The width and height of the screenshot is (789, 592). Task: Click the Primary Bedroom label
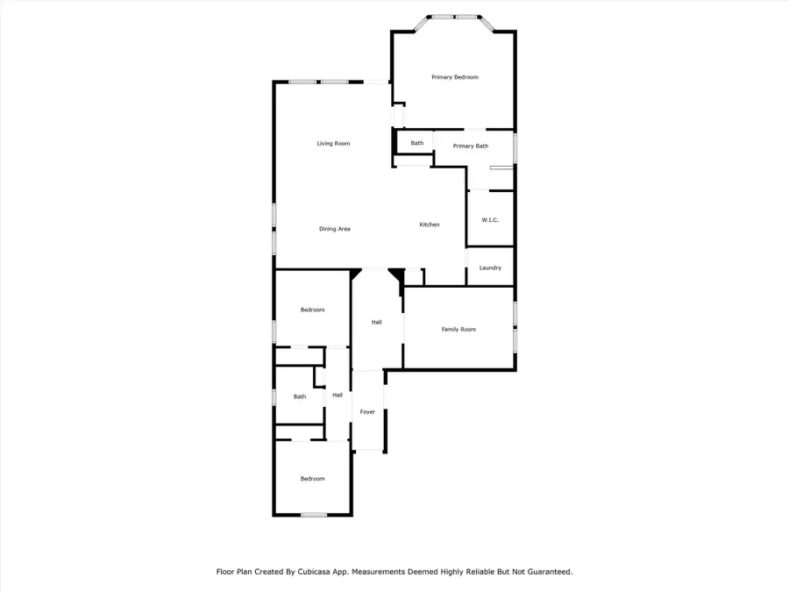coord(455,77)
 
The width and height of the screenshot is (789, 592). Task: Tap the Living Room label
coord(333,143)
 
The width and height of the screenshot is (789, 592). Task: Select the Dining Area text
coord(334,229)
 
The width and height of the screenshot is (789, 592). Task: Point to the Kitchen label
coord(429,225)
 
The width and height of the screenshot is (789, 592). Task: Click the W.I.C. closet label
coord(489,219)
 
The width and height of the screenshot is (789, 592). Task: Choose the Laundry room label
coord(490,267)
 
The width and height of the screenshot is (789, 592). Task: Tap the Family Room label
coord(458,329)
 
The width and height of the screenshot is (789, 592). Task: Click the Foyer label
coord(368,411)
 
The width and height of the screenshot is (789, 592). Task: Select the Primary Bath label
coord(471,146)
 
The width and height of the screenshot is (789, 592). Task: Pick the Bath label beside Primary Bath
coord(416,143)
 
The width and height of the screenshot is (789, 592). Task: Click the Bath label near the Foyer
coord(300,396)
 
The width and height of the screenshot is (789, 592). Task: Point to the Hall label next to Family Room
coord(376,322)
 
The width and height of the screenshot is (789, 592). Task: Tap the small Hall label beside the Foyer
coord(338,396)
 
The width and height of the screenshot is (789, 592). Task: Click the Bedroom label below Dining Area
coord(312,310)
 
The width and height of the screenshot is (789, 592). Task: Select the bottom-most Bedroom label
coord(312,479)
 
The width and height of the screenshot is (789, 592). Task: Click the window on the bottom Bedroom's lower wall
coord(314,515)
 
